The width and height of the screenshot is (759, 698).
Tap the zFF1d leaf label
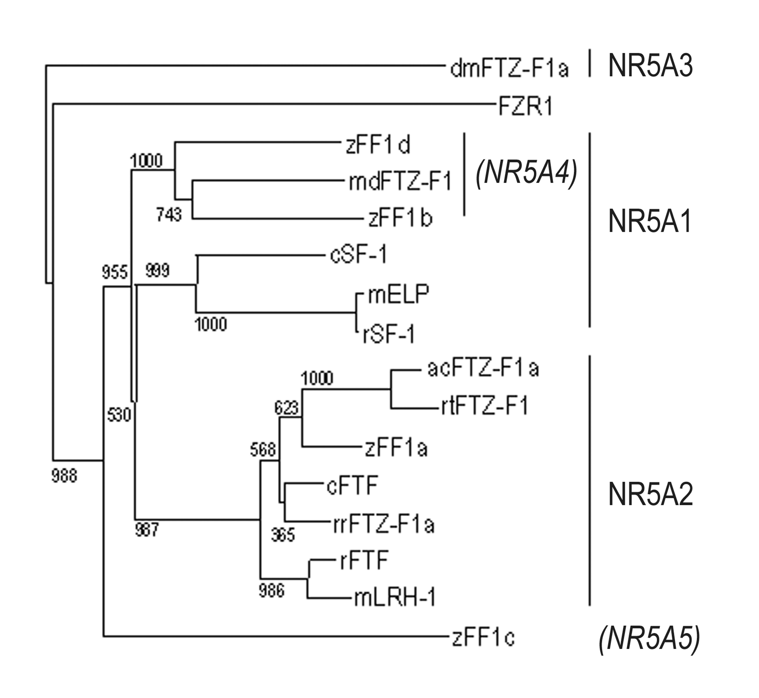[x=378, y=145]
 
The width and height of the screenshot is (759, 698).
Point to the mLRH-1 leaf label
[x=395, y=598]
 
